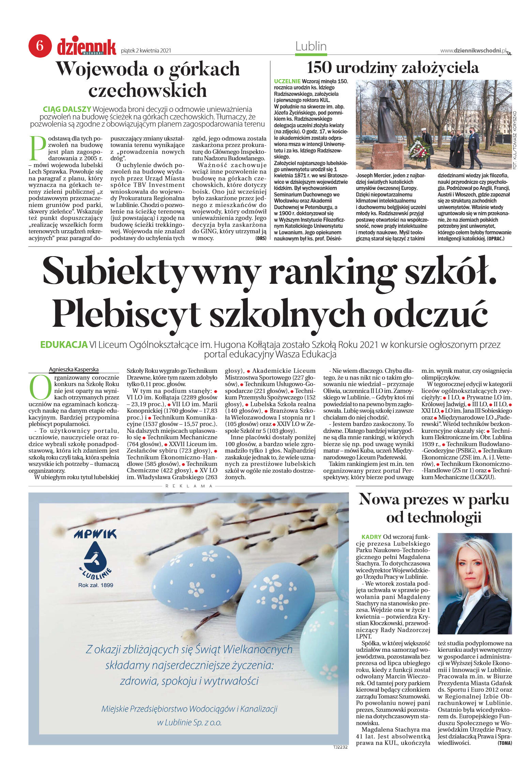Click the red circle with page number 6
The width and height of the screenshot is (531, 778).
point(40,46)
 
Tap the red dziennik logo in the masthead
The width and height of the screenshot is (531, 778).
point(87,47)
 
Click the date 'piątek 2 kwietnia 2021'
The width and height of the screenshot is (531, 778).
point(146,51)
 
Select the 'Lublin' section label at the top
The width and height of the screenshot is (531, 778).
point(311,46)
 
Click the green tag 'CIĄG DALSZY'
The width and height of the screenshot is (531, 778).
point(67,109)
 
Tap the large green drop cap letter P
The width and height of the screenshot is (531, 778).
point(37,148)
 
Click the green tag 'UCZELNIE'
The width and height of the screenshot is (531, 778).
point(287,81)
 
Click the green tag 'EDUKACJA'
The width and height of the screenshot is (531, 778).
point(64,344)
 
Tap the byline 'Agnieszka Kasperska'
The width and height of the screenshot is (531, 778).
point(74,369)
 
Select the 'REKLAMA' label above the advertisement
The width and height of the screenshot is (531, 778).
point(189,486)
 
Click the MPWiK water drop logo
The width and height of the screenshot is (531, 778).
point(95,559)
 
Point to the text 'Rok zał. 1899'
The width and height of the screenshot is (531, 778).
point(95,585)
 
